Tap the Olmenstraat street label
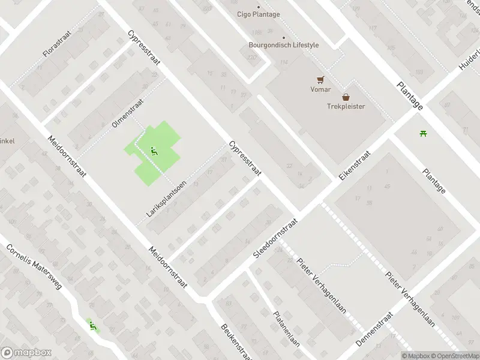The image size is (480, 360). tap(128, 113)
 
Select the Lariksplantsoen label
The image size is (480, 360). tap(166, 199)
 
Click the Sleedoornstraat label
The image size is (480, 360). tap(275, 238)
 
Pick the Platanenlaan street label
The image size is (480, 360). tap(286, 329)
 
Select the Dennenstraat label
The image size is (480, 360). tap(374, 331)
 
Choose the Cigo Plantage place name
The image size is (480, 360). tap(259, 14)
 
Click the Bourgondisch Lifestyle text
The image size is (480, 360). tap(284, 45)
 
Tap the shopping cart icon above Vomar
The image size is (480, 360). tap(321, 79)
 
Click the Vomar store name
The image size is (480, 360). tap(320, 89)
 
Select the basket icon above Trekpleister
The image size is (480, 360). tap(346, 97)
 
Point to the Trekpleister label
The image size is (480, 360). tap(346, 107)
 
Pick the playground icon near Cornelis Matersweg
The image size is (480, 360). tap(92, 326)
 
